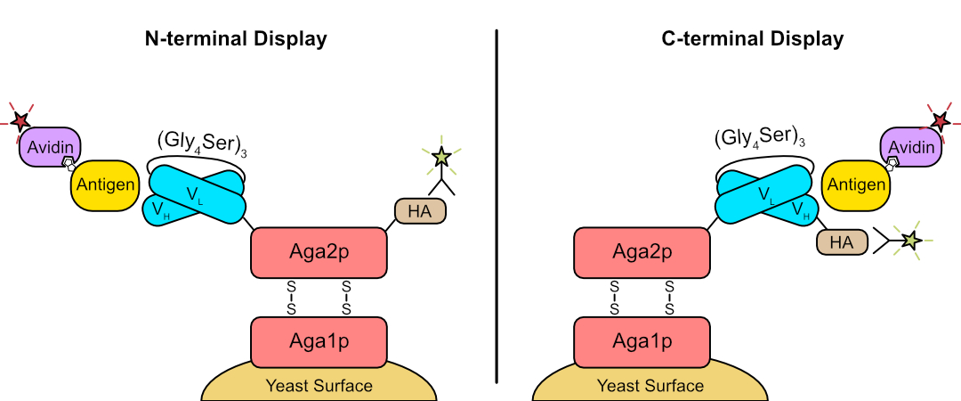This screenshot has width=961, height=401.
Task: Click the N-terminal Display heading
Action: click(236, 39)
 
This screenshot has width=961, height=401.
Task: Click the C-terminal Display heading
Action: click(753, 39)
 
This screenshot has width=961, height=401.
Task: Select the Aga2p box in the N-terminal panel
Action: click(319, 252)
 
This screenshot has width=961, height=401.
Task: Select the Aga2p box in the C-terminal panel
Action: click(642, 252)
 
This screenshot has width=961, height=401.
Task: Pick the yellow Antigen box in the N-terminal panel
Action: click(104, 184)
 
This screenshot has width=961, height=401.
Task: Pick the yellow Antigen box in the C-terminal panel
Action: click(856, 184)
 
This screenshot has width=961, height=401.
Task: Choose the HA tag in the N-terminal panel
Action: click(420, 210)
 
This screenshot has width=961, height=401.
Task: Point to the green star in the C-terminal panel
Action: click(909, 240)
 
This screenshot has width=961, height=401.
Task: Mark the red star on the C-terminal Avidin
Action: click(939, 120)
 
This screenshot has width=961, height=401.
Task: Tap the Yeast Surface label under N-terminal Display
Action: click(319, 386)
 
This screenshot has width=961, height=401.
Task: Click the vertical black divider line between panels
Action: click(496, 205)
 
